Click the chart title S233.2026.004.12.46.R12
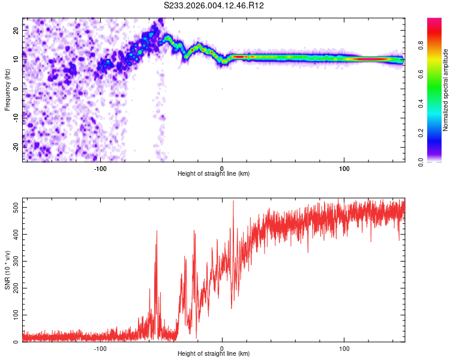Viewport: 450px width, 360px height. pyautogui.click(x=214, y=5)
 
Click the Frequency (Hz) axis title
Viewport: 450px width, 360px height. pyautogui.click(x=8, y=89)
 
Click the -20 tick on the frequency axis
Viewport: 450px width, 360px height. pyautogui.click(x=15, y=146)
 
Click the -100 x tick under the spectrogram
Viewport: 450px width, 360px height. pyautogui.click(x=100, y=168)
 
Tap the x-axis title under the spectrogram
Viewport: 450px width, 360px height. pyautogui.click(x=214, y=174)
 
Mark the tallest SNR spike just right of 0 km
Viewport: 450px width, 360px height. pyautogui.click(x=233, y=202)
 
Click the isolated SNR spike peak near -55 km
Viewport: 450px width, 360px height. pyautogui.click(x=157, y=231)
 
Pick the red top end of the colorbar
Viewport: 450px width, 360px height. pyautogui.click(x=435, y=22)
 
